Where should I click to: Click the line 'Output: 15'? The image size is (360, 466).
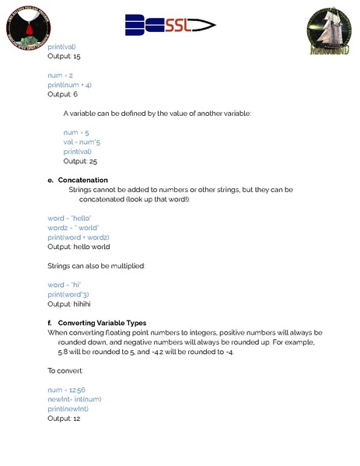click(64, 56)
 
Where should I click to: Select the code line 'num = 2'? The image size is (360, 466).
click(61, 75)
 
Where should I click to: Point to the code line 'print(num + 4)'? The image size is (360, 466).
click(70, 85)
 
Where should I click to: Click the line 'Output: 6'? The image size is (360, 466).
click(62, 94)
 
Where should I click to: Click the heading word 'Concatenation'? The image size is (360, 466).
click(82, 180)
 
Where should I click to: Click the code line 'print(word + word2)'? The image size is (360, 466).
click(79, 237)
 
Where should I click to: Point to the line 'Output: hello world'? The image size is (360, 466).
click(79, 247)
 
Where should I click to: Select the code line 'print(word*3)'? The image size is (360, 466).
click(68, 295)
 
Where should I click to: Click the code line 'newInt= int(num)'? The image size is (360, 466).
click(75, 399)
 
